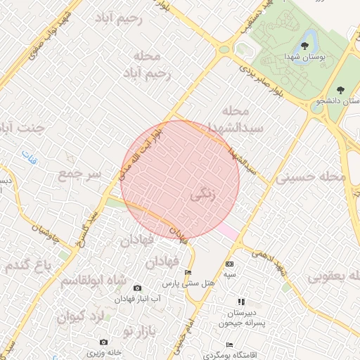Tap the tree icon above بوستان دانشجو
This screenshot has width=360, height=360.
pyautogui.click(x=341, y=89)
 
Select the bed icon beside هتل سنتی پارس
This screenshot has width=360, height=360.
pyautogui.click(x=187, y=272)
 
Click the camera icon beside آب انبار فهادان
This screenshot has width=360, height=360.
pyautogui.click(x=137, y=288)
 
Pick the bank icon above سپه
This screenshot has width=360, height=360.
pyautogui.click(x=229, y=264)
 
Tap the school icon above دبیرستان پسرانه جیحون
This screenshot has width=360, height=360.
pyautogui.click(x=241, y=301)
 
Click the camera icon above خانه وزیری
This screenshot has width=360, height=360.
pyautogui.click(x=104, y=342)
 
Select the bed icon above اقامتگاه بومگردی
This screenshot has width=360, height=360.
pyautogui.click(x=229, y=345)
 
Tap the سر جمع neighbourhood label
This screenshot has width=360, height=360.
pyautogui.click(x=80, y=172)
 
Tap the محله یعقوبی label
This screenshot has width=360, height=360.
pyautogui.click(x=333, y=276)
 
